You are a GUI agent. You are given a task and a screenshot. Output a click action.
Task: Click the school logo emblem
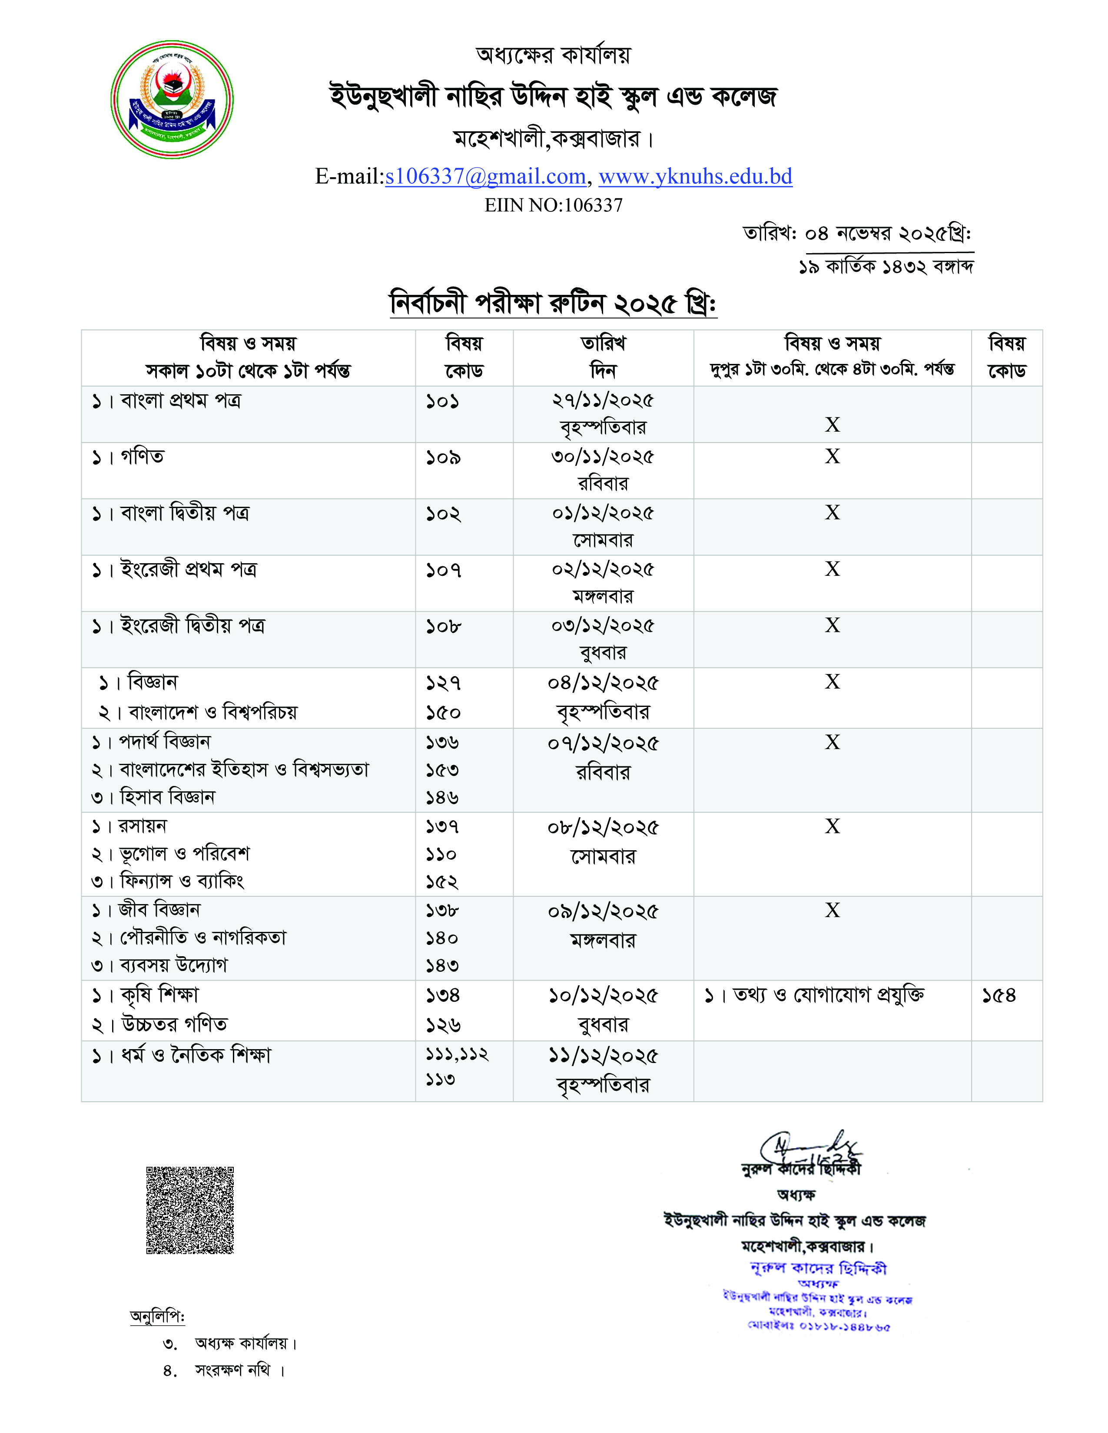(x=172, y=100)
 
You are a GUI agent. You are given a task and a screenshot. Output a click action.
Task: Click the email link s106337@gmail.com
(x=485, y=176)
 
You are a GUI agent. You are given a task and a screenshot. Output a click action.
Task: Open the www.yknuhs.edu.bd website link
(x=695, y=176)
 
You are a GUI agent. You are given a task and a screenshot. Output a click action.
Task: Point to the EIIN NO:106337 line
(x=553, y=205)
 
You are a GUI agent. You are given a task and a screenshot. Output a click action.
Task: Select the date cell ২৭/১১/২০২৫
(x=603, y=401)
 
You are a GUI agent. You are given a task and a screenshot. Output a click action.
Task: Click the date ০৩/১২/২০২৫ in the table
(x=603, y=626)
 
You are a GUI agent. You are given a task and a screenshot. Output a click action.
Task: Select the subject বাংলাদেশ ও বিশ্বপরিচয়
(x=212, y=712)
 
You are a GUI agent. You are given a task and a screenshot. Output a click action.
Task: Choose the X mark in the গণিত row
(x=833, y=457)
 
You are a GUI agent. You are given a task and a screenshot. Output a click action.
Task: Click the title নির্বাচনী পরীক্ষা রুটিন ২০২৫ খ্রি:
(x=553, y=303)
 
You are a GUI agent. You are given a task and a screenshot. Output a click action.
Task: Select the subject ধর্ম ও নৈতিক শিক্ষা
(x=195, y=1055)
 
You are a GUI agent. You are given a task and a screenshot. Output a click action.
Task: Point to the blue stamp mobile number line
(x=819, y=1326)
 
